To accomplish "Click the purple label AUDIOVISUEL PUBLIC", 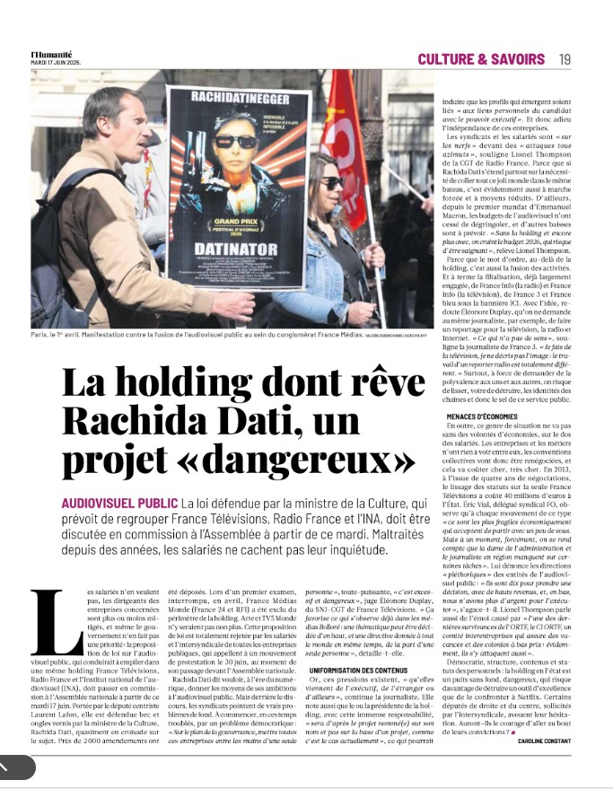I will click(118, 503).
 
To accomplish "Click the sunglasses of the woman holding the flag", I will click(331, 183).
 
